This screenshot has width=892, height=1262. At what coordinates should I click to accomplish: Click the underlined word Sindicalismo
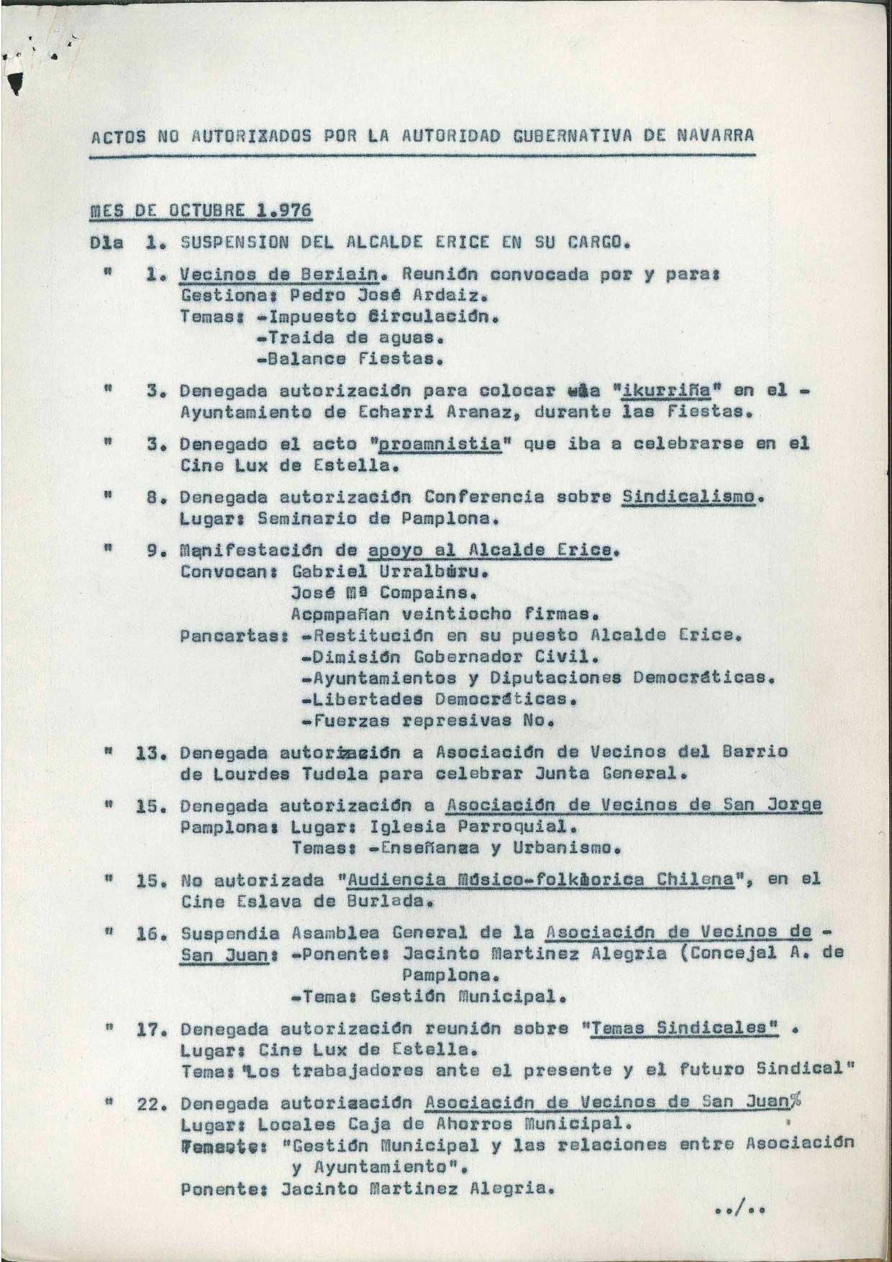coord(689,496)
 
